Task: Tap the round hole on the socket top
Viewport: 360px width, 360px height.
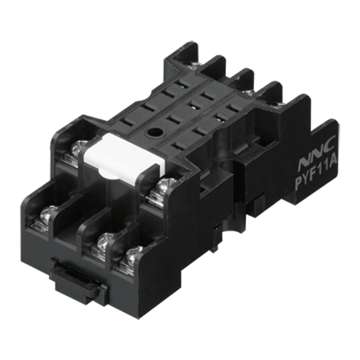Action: (x=152, y=132)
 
